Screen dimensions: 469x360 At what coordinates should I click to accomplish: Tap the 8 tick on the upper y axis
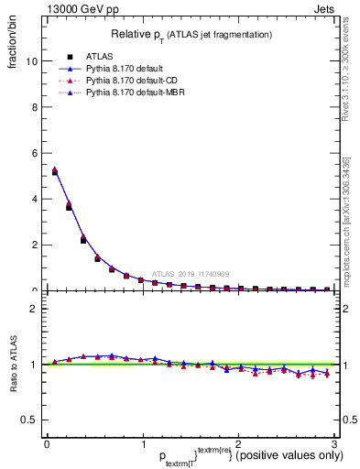coord(34,107)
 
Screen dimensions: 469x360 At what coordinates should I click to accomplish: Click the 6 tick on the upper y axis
coord(34,153)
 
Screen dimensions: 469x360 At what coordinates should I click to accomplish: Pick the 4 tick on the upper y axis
coord(34,199)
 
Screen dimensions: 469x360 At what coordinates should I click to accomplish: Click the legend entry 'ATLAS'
coord(100,54)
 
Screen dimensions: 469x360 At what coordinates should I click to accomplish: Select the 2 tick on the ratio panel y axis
coord(34,309)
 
